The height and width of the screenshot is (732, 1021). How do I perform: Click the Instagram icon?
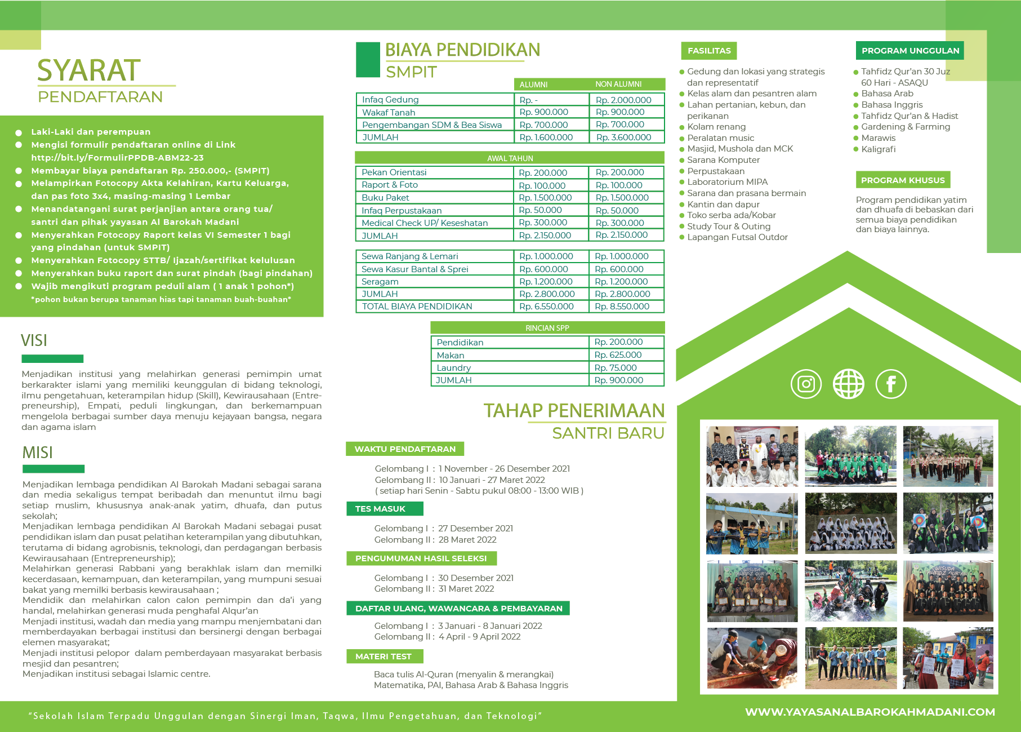(806, 384)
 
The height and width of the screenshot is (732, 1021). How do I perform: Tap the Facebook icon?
(891, 384)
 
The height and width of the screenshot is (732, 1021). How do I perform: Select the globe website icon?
(848, 384)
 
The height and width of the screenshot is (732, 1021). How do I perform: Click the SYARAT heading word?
(89, 70)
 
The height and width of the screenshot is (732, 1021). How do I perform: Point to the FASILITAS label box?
(709, 51)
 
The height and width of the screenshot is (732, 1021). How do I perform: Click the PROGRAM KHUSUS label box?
(903, 180)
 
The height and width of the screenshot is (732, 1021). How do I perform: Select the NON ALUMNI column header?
(618, 85)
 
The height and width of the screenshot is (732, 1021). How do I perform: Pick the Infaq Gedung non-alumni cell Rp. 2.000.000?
(623, 100)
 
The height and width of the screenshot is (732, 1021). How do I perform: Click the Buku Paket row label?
(385, 198)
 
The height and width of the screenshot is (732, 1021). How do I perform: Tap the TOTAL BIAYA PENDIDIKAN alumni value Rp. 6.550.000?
(546, 307)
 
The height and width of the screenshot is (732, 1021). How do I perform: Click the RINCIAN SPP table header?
(547, 328)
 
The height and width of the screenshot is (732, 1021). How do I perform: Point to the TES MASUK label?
(380, 509)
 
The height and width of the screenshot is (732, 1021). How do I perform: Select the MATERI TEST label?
(384, 656)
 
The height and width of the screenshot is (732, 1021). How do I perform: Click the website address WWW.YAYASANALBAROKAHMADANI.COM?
(870, 712)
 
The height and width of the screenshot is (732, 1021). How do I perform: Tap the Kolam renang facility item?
(716, 127)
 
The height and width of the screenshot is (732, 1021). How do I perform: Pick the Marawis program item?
(878, 138)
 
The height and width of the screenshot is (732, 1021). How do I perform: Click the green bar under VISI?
(52, 359)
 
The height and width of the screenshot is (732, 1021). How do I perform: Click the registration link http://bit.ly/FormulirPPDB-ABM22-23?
(117, 158)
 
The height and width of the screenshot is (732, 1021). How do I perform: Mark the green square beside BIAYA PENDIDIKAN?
(368, 60)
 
